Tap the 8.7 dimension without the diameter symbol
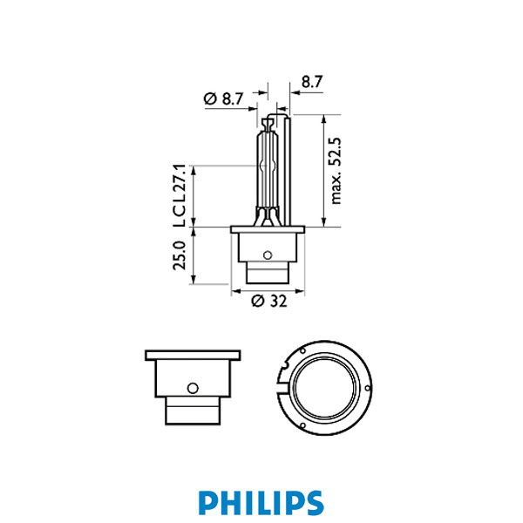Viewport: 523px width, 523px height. click(x=311, y=82)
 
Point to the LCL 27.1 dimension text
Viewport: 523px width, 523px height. click(x=180, y=195)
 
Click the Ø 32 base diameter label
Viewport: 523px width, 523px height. click(x=268, y=302)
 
